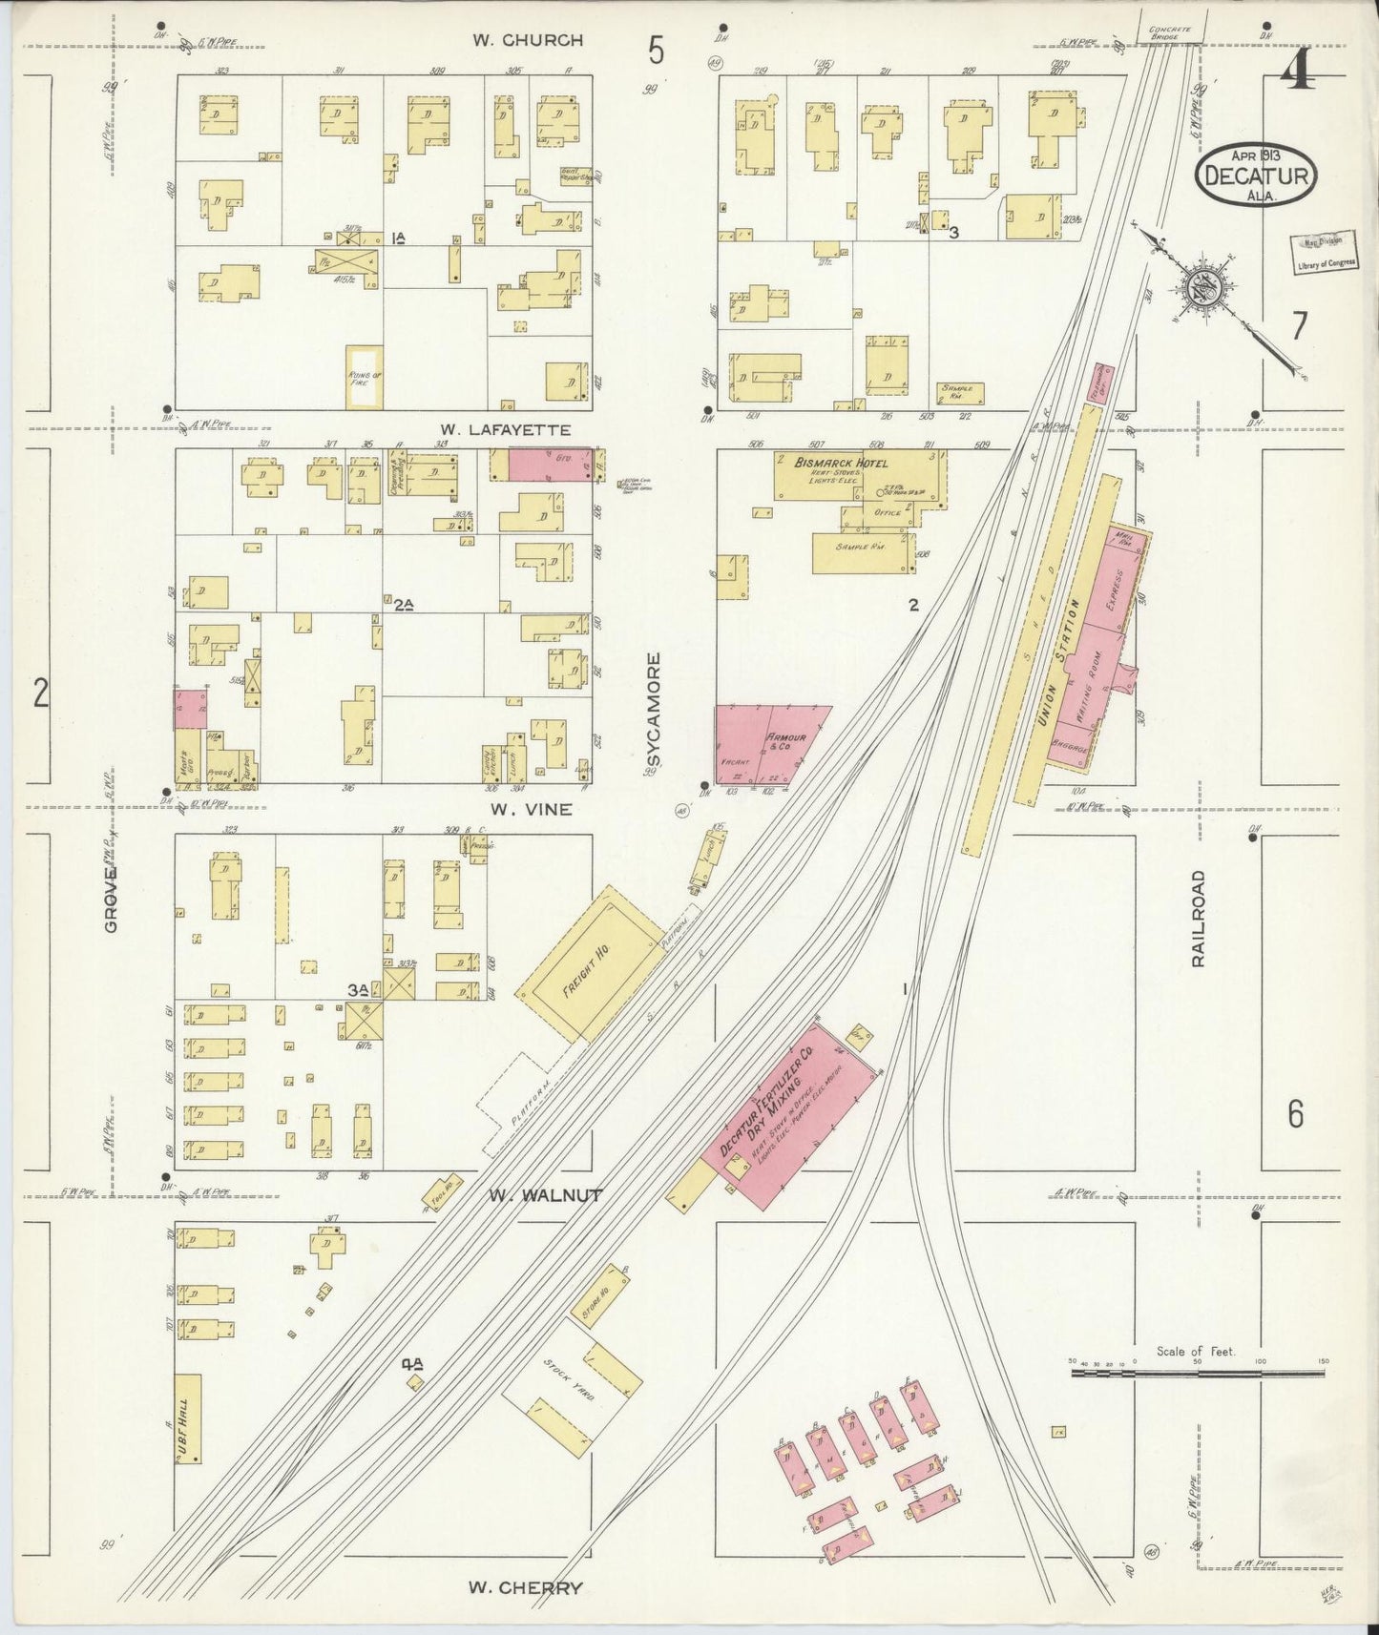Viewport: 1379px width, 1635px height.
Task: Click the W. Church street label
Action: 528,40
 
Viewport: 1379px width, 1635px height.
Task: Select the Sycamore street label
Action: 654,710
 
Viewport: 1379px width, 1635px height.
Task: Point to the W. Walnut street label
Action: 545,1194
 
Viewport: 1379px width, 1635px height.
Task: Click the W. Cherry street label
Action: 525,1588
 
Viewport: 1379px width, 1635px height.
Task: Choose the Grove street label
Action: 112,899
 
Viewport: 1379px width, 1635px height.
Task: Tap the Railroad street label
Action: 1199,919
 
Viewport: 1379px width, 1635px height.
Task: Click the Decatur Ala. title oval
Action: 1256,174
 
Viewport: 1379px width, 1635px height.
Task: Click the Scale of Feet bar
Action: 1197,1373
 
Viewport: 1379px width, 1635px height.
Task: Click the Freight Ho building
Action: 589,963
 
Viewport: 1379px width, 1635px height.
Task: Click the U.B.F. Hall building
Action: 187,1418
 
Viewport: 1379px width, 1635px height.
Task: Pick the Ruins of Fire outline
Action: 364,377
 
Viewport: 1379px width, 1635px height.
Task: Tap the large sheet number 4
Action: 1295,72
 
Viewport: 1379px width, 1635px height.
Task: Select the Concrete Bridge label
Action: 1170,31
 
